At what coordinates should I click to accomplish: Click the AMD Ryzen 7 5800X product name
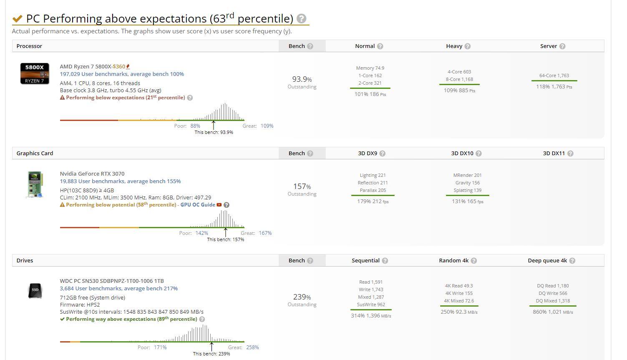point(86,67)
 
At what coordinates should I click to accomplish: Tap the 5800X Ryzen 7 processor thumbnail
point(35,73)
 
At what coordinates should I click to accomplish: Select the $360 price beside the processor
point(119,67)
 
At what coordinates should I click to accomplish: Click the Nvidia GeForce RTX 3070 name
point(92,174)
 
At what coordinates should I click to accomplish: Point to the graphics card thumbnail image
point(35,184)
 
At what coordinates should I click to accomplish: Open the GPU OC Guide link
point(198,205)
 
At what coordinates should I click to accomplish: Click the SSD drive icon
point(35,290)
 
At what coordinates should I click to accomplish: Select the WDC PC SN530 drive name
point(111,281)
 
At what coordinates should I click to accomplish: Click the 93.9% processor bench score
point(302,79)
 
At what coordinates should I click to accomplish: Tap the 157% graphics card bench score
point(302,186)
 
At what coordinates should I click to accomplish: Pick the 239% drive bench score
point(302,297)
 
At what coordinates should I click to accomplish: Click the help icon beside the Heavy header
point(468,46)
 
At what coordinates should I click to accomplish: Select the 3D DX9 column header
point(368,154)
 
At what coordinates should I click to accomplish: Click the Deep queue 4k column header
point(547,261)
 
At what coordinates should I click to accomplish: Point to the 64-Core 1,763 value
point(554,76)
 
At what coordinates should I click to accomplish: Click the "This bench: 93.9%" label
point(214,133)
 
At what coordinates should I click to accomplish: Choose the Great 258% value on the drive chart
point(252,347)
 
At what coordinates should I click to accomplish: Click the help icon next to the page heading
point(301,19)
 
